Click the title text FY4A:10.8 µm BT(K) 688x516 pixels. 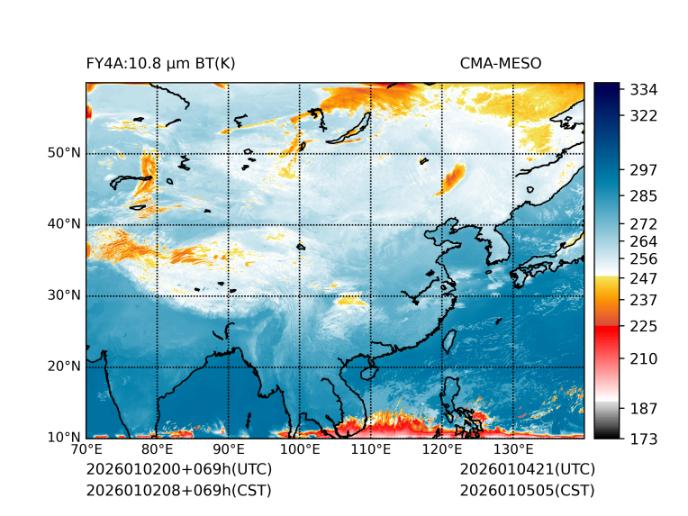tap(160, 64)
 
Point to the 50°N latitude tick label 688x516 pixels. tap(64, 153)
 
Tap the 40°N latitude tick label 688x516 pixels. tap(64, 224)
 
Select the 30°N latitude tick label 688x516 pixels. tap(64, 295)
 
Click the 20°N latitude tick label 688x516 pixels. tap(64, 367)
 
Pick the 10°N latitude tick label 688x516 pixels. tap(64, 438)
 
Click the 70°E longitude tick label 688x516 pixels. tap(86, 450)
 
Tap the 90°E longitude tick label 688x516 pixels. tap(229, 450)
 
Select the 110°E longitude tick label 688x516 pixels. tap(370, 450)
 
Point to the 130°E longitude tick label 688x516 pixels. tap(512, 450)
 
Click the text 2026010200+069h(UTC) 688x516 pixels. tap(178, 470)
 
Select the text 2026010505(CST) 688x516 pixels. tap(527, 491)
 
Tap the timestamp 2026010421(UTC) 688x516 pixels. tap(527, 470)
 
